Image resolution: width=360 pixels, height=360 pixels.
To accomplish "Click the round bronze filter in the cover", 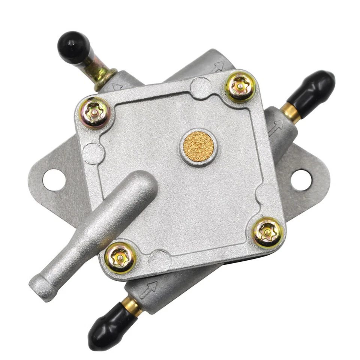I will [x=198, y=146].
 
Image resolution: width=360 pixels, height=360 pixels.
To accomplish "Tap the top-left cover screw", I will [x=94, y=112].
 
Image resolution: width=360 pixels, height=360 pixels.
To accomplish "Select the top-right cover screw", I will [x=240, y=87].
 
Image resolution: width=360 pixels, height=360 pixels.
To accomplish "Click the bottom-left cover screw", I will [x=120, y=258].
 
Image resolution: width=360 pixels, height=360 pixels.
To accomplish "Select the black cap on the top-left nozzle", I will [x=74, y=47].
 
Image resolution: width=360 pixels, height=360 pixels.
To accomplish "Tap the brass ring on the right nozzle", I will [x=291, y=112].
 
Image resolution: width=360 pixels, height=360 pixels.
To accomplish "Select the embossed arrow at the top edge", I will [x=217, y=67].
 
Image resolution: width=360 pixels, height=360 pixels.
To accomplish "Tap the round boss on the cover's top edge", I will [x=201, y=87].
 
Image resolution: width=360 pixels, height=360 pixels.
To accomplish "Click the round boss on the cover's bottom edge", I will [x=159, y=259].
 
